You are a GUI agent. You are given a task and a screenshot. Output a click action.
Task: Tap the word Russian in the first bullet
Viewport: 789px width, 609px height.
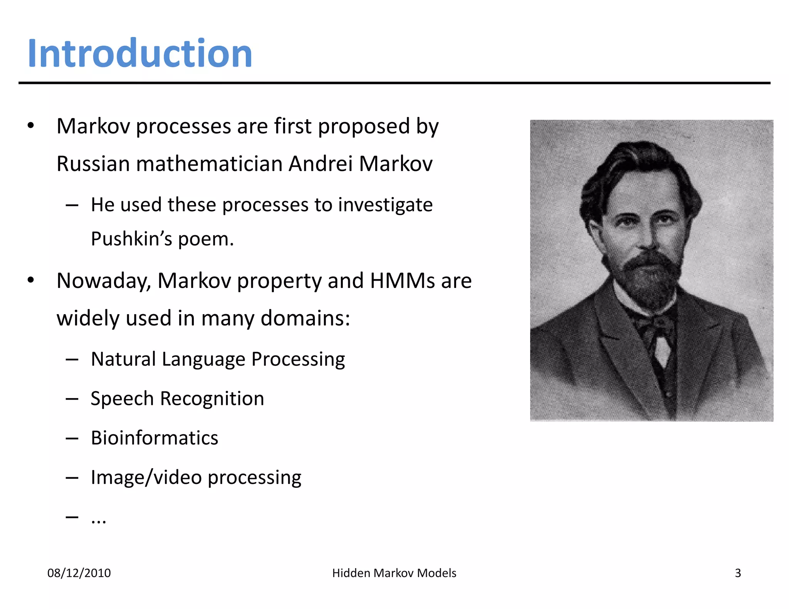coord(93,164)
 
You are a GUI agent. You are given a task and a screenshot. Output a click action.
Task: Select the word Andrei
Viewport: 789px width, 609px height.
coord(321,164)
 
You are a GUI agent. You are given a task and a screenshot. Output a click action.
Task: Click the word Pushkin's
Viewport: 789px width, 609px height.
coord(131,239)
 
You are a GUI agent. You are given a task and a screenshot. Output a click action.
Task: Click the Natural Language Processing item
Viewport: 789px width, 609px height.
coord(218,359)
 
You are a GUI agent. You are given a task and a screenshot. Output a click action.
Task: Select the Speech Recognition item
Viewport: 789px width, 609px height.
coord(177,398)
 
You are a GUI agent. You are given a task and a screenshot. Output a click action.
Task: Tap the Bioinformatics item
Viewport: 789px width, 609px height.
coord(154,438)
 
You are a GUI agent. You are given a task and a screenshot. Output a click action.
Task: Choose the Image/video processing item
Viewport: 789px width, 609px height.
coord(196,478)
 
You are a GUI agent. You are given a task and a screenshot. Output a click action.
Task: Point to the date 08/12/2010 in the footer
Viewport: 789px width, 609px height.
coord(79,573)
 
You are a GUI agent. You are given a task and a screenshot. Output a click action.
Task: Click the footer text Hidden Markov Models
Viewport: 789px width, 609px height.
coord(394,573)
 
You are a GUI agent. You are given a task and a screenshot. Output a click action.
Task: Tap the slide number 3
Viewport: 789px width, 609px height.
coord(738,573)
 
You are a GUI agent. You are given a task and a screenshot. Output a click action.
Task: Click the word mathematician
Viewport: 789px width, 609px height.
coord(209,164)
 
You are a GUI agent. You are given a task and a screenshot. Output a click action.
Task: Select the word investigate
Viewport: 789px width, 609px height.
coord(385,205)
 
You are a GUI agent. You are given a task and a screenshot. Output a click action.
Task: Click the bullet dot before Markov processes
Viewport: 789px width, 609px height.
coord(31,126)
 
